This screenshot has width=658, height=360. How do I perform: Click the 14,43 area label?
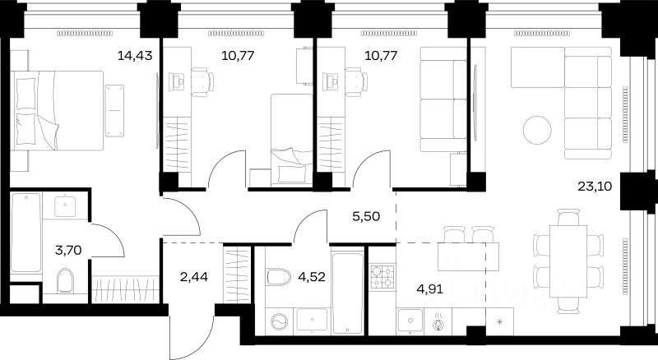coord(135,55)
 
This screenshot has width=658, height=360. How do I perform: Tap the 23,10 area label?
coord(595,187)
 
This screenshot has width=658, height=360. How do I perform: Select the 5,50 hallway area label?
coord(366,216)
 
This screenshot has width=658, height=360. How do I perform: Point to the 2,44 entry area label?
coord(194,277)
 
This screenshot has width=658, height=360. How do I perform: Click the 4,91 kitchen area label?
coord(429,288)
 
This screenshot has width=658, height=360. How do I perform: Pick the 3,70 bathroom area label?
coord(68,251)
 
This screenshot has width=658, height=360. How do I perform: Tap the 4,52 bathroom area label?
coord(312,277)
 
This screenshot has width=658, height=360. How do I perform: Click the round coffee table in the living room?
coord(537,130)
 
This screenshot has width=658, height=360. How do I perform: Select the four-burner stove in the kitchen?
coord(382,277)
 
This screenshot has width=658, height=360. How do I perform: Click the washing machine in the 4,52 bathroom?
coord(280,322)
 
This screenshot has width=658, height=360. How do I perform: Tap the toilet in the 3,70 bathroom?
coord(65,280)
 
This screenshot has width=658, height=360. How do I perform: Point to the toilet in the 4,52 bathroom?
coord(279,276)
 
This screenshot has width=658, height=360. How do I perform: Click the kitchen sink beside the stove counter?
coord(410,321)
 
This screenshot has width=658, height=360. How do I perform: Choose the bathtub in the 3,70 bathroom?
coord(26,233)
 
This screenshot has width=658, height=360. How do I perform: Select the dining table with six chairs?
coord(568,261)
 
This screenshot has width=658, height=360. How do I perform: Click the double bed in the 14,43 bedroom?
coord(57,111)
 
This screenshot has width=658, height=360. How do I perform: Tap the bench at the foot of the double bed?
coord(114,110)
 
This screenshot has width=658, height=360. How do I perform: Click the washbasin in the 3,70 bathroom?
coord(66,206)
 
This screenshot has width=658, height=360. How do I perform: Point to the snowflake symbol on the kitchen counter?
coord(500,322)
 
